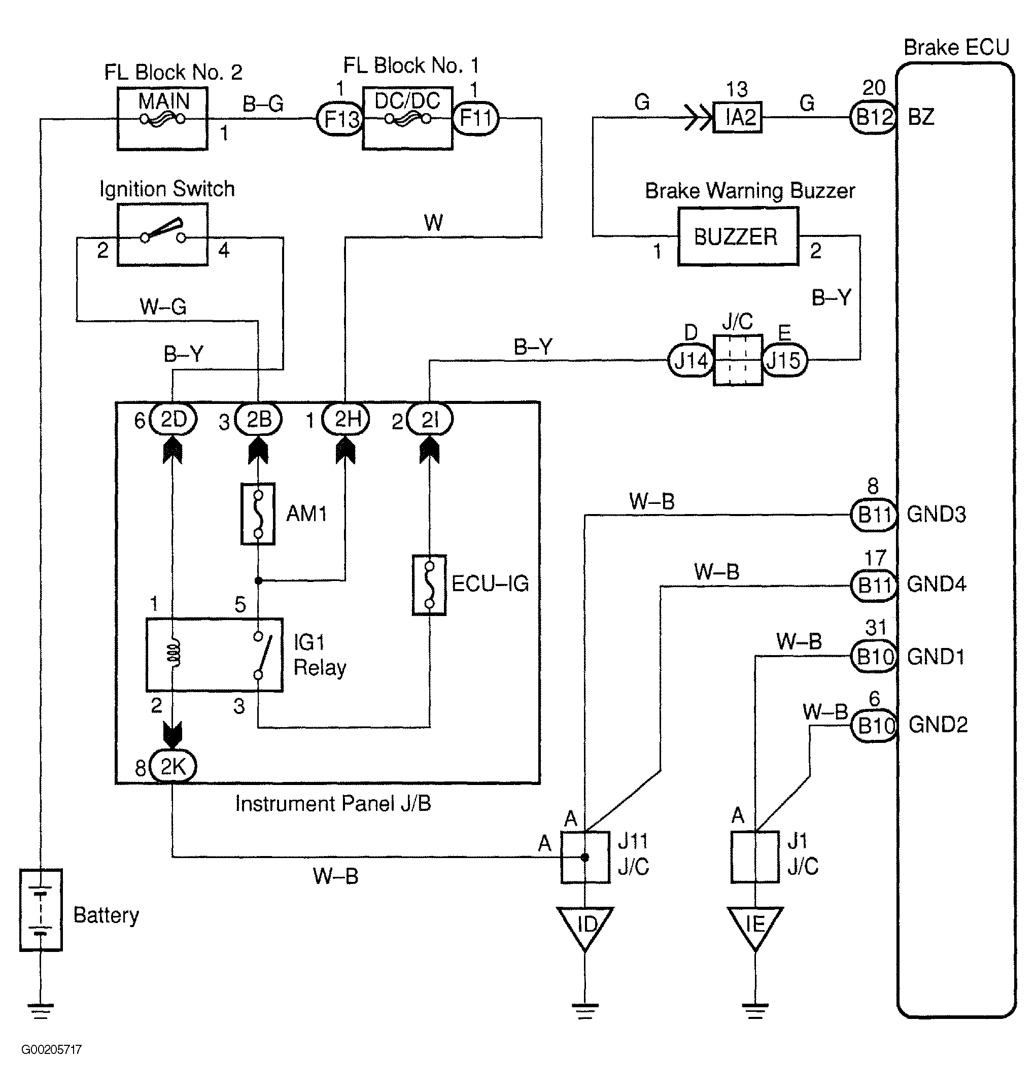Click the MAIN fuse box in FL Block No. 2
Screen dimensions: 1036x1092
162,118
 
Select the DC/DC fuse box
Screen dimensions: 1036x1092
407,118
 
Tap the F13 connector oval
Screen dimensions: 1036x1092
339,118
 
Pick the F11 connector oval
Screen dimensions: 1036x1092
475,118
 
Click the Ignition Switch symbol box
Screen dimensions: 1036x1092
162,235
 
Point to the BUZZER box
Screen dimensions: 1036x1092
738,236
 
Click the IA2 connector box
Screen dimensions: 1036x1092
738,117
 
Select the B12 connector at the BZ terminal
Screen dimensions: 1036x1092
873,117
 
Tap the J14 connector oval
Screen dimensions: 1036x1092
691,361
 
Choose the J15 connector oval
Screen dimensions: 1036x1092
784,361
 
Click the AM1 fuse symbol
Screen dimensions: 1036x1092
258,514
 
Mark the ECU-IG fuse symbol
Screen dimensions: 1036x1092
429,585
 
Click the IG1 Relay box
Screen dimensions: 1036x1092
214,655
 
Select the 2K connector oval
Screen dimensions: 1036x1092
173,766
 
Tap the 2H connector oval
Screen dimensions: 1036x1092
346,419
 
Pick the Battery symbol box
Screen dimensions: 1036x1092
41,910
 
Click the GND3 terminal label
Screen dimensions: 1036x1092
937,514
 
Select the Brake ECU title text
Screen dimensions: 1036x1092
956,48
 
